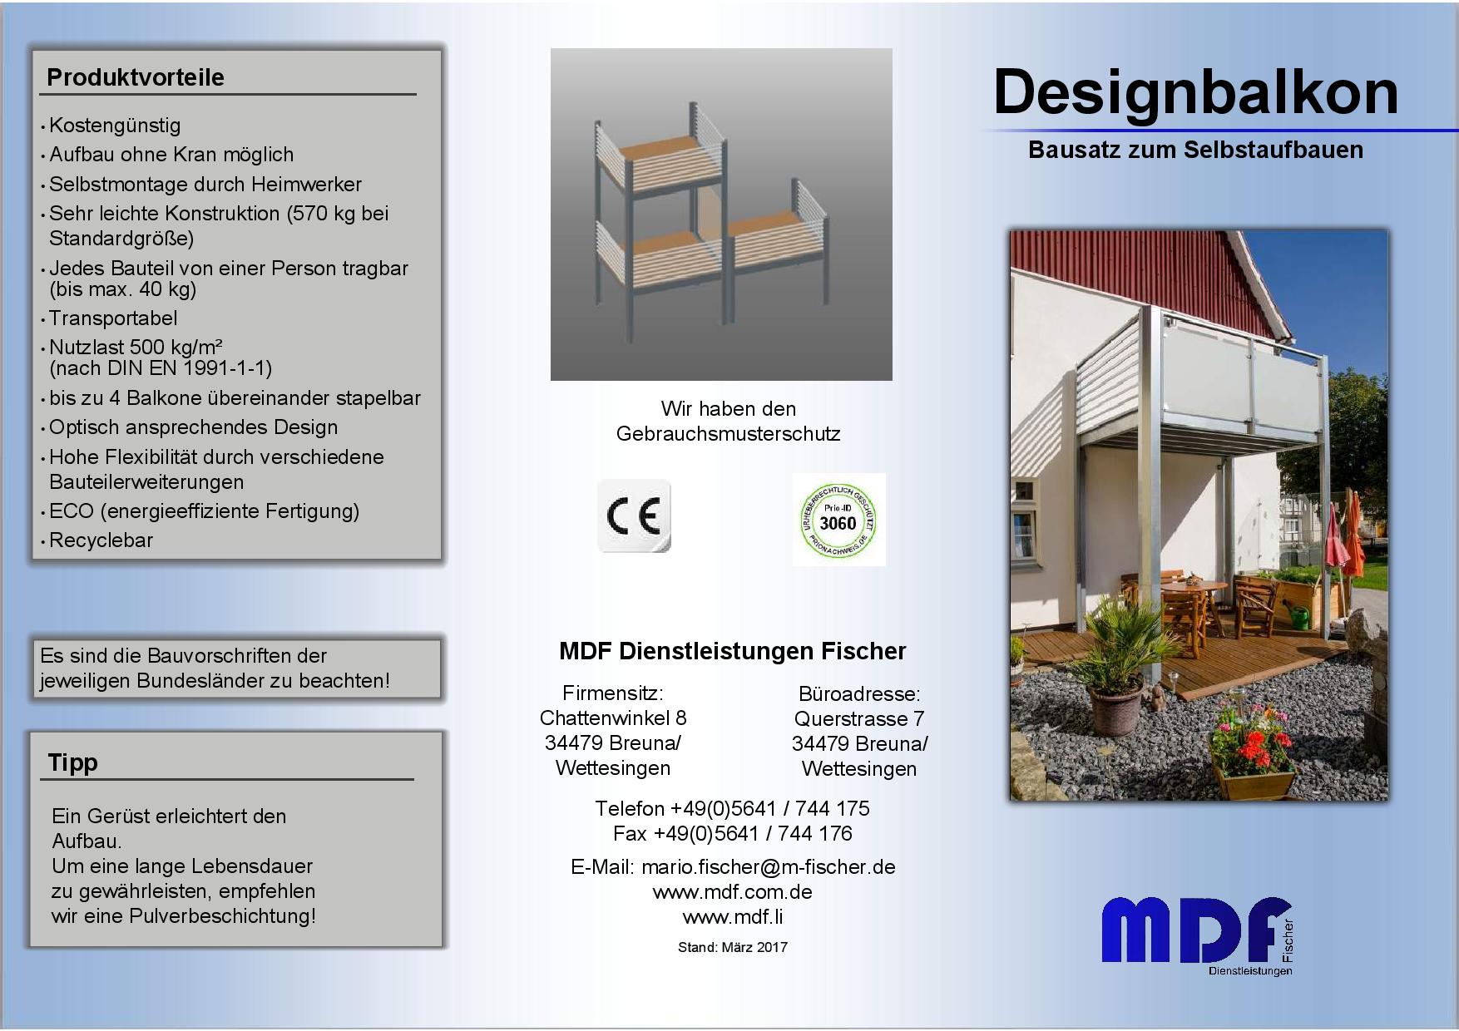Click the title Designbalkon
pyautogui.click(x=1196, y=93)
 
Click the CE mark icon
pyautogui.click(x=634, y=516)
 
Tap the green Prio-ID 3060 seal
pyautogui.click(x=838, y=520)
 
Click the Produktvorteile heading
pyautogui.click(x=136, y=77)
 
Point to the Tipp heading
pyautogui.click(x=73, y=762)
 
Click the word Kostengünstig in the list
pyautogui.click(x=115, y=126)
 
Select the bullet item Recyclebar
pyautogui.click(x=101, y=540)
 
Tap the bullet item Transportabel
pyautogui.click(x=113, y=318)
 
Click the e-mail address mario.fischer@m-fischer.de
pyautogui.click(x=769, y=867)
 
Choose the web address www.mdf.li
pyautogui.click(x=733, y=917)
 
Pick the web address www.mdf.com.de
pyautogui.click(x=733, y=892)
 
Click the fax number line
pyautogui.click(x=733, y=834)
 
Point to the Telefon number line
pyautogui.click(x=733, y=809)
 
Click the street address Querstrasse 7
pyautogui.click(x=859, y=718)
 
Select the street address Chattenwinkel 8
pyautogui.click(x=613, y=718)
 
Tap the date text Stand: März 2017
pyautogui.click(x=733, y=947)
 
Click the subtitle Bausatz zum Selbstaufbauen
pyautogui.click(x=1196, y=150)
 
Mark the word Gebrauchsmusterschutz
pyautogui.click(x=729, y=434)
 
